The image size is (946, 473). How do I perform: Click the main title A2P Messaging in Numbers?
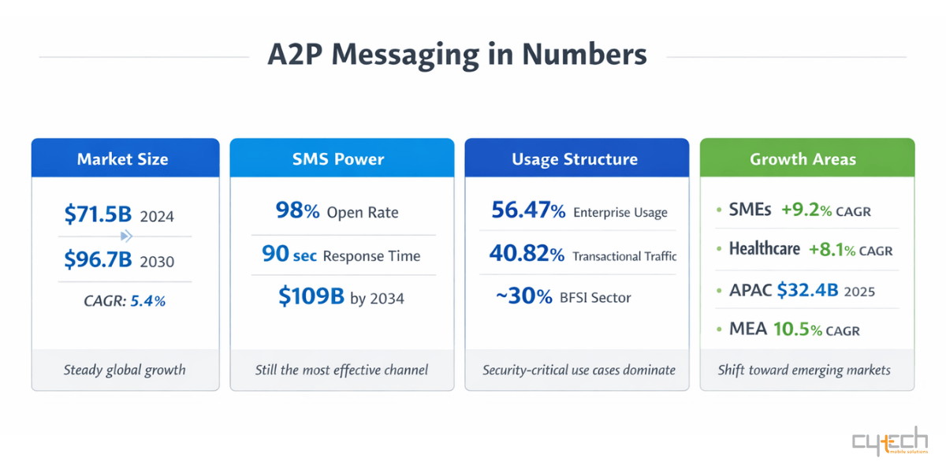click(x=457, y=56)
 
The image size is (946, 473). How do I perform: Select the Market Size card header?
click(x=123, y=159)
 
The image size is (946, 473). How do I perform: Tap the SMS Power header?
click(x=338, y=159)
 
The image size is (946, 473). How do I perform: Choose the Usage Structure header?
click(x=575, y=159)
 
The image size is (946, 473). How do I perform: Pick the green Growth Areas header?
click(x=803, y=159)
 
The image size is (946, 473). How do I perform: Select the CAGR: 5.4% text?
click(x=125, y=300)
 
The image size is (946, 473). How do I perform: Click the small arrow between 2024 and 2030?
click(x=125, y=236)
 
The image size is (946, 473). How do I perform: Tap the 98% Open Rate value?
click(x=297, y=211)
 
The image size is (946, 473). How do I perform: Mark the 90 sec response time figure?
click(x=289, y=255)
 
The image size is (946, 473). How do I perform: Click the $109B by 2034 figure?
click(x=311, y=296)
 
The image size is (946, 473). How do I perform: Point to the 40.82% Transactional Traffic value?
click(x=527, y=254)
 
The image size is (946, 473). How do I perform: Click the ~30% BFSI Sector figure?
click(x=523, y=296)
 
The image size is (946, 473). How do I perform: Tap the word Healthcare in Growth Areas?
click(x=764, y=249)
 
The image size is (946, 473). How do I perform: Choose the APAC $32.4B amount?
click(x=806, y=290)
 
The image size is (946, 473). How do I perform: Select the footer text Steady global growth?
click(x=125, y=370)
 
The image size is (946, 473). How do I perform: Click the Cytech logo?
click(x=890, y=444)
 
